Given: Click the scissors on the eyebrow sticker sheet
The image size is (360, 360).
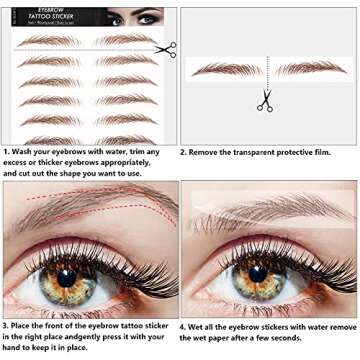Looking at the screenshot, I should click(x=165, y=48).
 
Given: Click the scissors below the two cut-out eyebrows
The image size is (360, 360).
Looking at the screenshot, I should click(x=264, y=100).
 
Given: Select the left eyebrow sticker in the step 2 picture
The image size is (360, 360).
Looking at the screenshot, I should click(x=225, y=69).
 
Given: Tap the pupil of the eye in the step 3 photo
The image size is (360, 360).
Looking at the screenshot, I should click(x=72, y=275).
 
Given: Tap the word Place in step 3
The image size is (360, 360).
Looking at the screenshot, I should click(x=27, y=326).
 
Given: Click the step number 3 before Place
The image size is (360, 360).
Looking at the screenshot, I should click(x=6, y=326).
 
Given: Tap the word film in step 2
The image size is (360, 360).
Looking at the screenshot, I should click(x=338, y=152).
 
